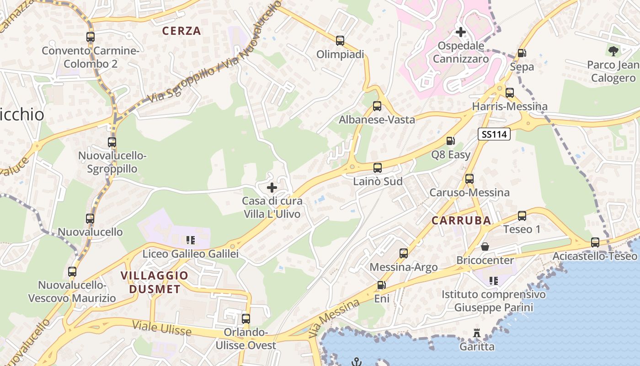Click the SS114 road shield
click(x=494, y=134)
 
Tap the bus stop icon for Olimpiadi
click(x=340, y=41)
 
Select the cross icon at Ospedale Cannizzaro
click(x=461, y=32)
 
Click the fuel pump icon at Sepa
click(x=522, y=53)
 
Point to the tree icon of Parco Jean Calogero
click(x=613, y=51)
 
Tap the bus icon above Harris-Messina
click(x=509, y=93)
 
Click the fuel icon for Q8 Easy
click(x=450, y=141)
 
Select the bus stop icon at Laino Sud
click(x=377, y=168)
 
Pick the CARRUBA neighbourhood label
click(x=461, y=221)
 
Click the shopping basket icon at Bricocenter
click(x=485, y=247)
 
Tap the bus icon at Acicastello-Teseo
click(x=595, y=242)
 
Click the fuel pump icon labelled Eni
click(x=381, y=285)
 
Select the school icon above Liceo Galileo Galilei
click(x=191, y=240)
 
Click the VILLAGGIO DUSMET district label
click(x=154, y=282)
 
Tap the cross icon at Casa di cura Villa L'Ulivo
click(x=272, y=187)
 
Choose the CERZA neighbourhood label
click(x=181, y=31)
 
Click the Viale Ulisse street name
click(x=162, y=328)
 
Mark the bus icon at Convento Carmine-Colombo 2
click(x=91, y=37)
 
